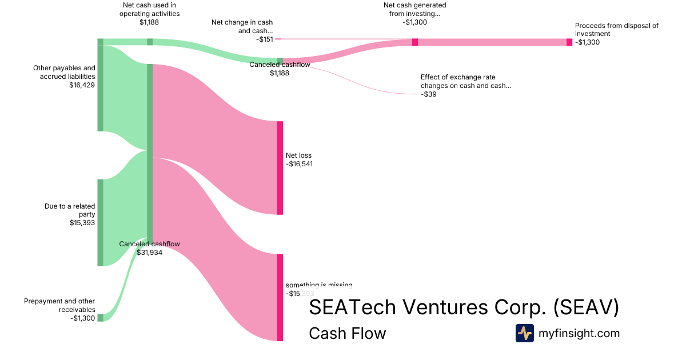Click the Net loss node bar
point(280,168)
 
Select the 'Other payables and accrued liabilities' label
point(64,72)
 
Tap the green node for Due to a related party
point(100,222)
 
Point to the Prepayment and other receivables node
point(100,318)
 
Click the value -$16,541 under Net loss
point(299,164)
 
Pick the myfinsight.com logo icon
point(524,333)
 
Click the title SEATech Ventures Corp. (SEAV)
point(464,307)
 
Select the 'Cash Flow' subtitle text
point(347,333)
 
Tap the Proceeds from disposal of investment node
point(569,42)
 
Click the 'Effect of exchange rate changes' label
point(465,81)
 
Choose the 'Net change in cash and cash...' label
point(242,27)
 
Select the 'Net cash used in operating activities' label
point(149,10)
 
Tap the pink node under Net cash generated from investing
point(415,42)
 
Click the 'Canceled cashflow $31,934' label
point(149,248)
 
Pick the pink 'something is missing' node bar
point(280,297)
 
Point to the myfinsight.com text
point(579,333)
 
